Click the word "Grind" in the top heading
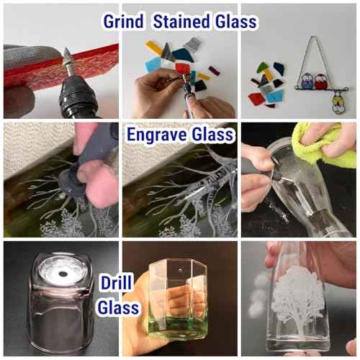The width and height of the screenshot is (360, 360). pos(123,22)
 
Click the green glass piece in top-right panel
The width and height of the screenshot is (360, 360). pos(263,67)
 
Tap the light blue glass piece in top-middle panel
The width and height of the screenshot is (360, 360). pos(153,65)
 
